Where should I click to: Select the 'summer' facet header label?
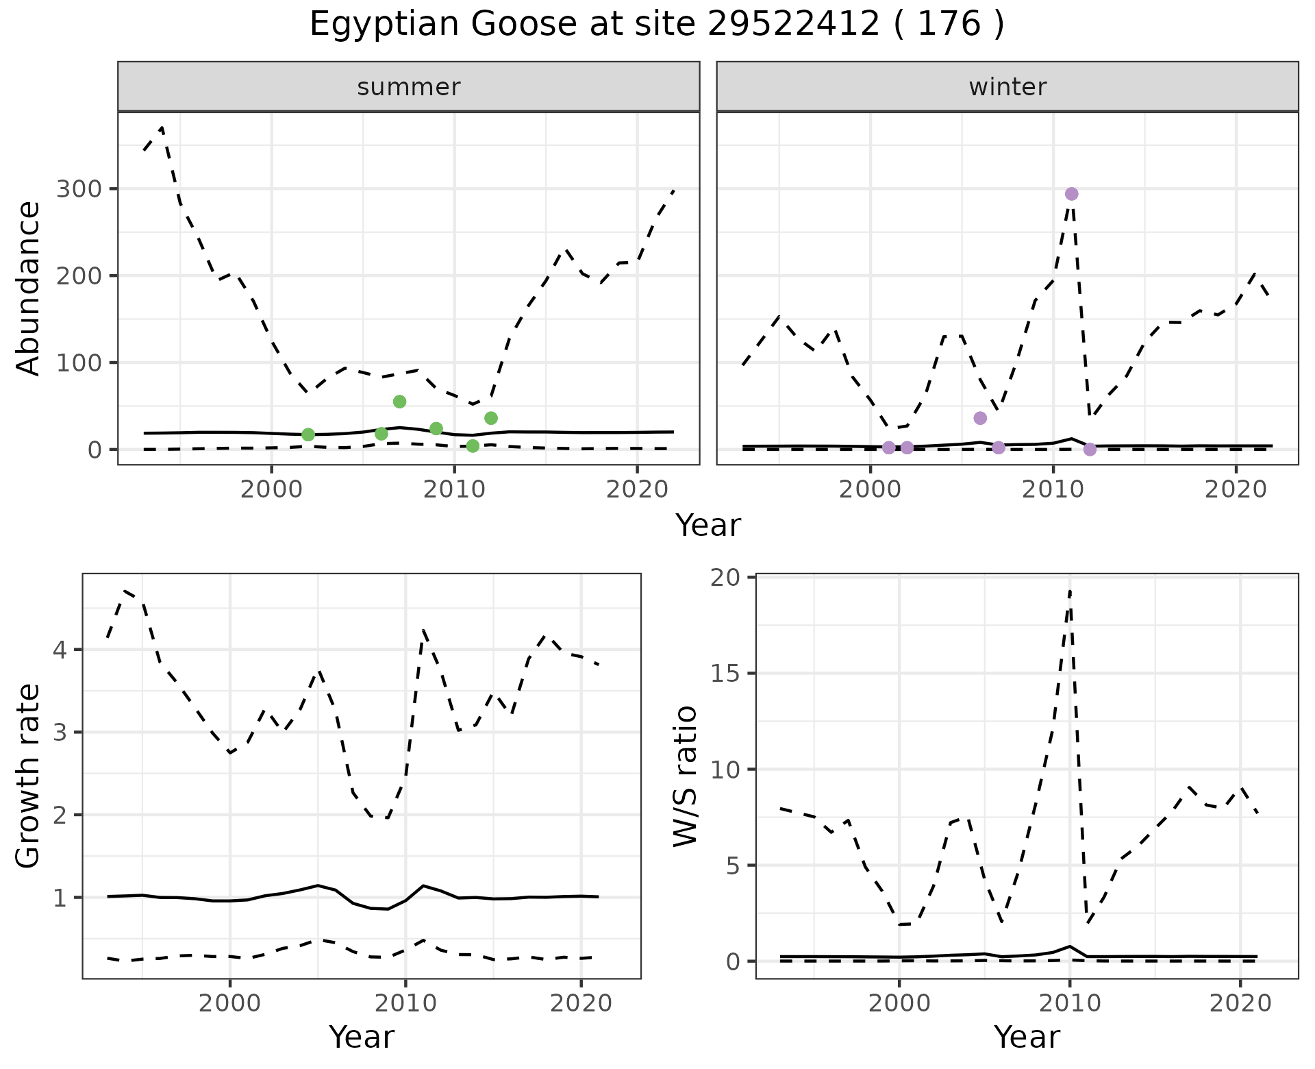[409, 87]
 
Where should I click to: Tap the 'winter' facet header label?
[1007, 87]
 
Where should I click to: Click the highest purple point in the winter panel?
[1072, 194]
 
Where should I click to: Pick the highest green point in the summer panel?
[400, 402]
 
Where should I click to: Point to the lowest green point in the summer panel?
[473, 446]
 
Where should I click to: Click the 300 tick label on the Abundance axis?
[77, 189]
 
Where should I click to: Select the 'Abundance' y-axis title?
[29, 288]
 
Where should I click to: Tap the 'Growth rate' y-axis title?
[29, 776]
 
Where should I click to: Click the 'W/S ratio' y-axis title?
[686, 776]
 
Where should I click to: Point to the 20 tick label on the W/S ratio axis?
[726, 578]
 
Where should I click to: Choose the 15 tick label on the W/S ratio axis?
[726, 674]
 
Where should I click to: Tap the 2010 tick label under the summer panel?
[455, 490]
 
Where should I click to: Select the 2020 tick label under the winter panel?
[1236, 490]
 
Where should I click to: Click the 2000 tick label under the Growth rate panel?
[230, 1004]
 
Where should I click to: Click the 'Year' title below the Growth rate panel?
[362, 1037]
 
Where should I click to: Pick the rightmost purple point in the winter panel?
[1090, 450]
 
